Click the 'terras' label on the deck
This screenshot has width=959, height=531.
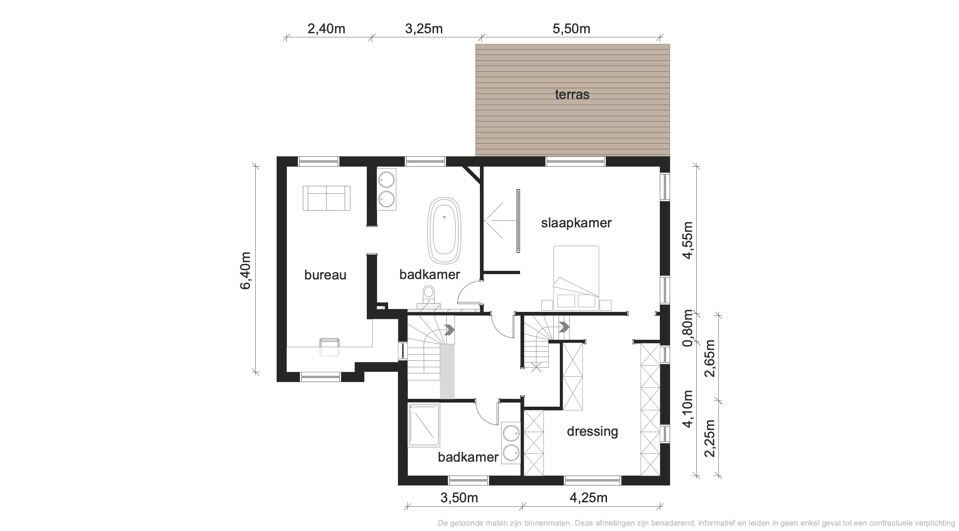(x=572, y=94)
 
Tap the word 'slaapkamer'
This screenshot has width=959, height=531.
(x=576, y=223)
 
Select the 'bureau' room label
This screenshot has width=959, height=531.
(x=325, y=275)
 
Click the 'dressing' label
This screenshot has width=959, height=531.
(x=592, y=431)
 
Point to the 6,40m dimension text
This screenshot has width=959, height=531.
(x=245, y=270)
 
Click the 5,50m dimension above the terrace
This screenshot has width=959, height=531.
(x=571, y=29)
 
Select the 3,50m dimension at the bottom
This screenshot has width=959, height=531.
(x=459, y=498)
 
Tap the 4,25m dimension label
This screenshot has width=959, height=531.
(x=589, y=498)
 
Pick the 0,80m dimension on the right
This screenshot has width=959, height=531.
(x=687, y=328)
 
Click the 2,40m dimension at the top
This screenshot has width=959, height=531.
(x=326, y=29)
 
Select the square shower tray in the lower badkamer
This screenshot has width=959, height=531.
(x=424, y=425)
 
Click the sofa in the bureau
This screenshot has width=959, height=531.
(x=327, y=198)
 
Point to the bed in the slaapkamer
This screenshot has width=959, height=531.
(x=576, y=278)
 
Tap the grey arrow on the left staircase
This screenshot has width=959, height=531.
(x=450, y=330)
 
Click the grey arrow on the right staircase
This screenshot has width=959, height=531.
(x=564, y=327)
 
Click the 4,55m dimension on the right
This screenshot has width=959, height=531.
(x=687, y=240)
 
